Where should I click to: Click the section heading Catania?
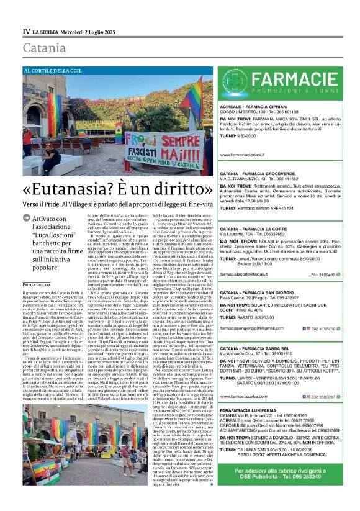point(43,48)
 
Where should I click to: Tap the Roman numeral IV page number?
point(26,31)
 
